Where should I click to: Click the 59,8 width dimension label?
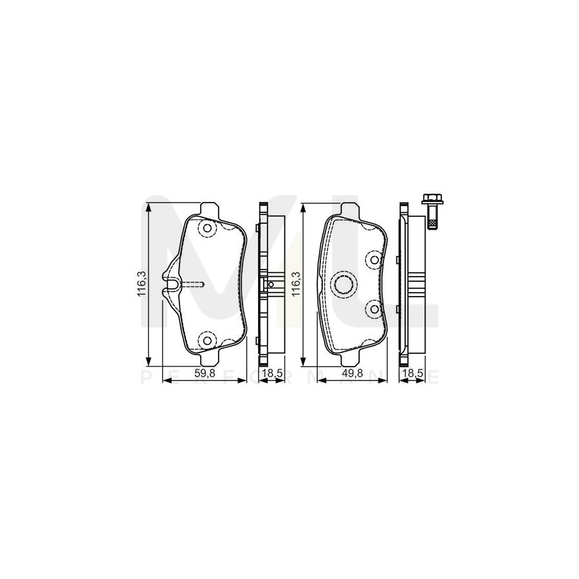206,372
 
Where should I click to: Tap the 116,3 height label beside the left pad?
142,282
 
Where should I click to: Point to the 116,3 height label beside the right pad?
296,282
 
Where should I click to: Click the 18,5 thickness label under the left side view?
267,372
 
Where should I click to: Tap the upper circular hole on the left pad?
207,228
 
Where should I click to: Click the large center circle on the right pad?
344,283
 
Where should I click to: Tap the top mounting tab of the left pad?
210,209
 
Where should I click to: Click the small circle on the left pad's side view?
271,284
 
